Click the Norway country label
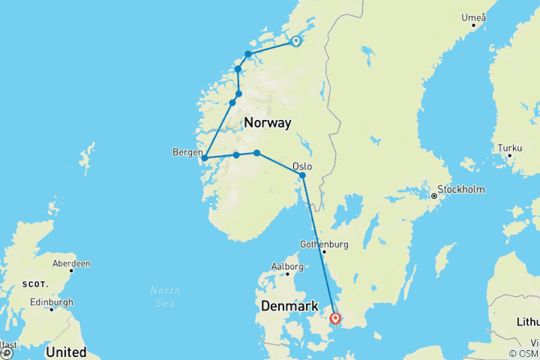[267, 122]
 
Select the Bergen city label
[187, 151]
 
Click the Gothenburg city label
[324, 244]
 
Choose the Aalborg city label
[286, 266]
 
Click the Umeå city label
[474, 17]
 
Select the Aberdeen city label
[71, 263]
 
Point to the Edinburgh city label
[51, 301]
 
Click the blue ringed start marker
[295, 42]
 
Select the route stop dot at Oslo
[302, 175]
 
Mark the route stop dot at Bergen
[204, 158]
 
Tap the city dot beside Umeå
[474, 26]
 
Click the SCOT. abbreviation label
[35, 284]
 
